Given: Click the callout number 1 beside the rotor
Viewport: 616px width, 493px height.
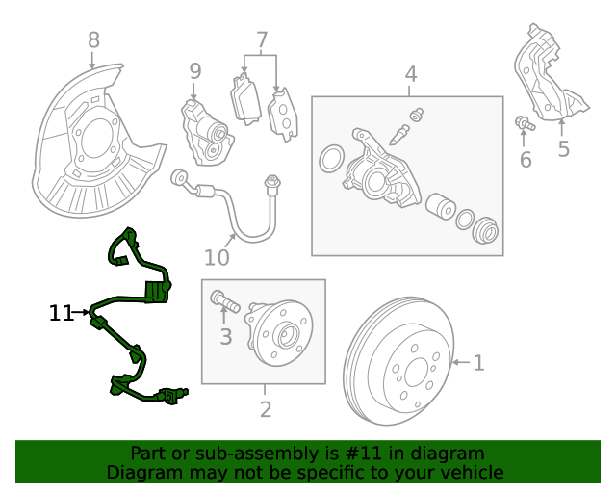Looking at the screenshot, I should pyautogui.click(x=478, y=363).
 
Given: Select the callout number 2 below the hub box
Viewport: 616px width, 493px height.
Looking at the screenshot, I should pyautogui.click(x=266, y=409).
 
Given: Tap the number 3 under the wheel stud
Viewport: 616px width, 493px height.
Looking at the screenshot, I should pyautogui.click(x=225, y=337).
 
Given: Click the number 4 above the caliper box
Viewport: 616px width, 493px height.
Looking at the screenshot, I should pyautogui.click(x=410, y=73).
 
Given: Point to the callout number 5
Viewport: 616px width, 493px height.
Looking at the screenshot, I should pyautogui.click(x=563, y=149).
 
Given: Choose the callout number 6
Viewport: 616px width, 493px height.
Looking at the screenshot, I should pyautogui.click(x=526, y=160).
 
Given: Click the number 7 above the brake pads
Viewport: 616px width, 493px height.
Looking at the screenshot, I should pyautogui.click(x=261, y=40).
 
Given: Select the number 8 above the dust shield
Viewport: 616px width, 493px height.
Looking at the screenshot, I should pyautogui.click(x=93, y=40).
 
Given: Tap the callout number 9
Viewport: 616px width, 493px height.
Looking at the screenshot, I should pyautogui.click(x=195, y=70).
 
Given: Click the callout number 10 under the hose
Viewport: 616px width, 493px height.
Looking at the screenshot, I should pyautogui.click(x=217, y=258).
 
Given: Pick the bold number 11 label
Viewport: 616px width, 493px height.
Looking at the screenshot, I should pyautogui.click(x=62, y=313).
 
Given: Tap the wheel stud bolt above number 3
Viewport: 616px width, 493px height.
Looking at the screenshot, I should pyautogui.click(x=223, y=302).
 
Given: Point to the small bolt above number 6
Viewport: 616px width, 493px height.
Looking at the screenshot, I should pyautogui.click(x=525, y=123).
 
